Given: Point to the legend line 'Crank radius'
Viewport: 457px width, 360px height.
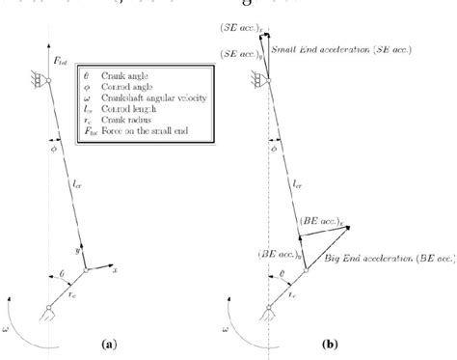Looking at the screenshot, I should [128, 114].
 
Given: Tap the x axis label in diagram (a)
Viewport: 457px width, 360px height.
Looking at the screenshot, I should [114, 271].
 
